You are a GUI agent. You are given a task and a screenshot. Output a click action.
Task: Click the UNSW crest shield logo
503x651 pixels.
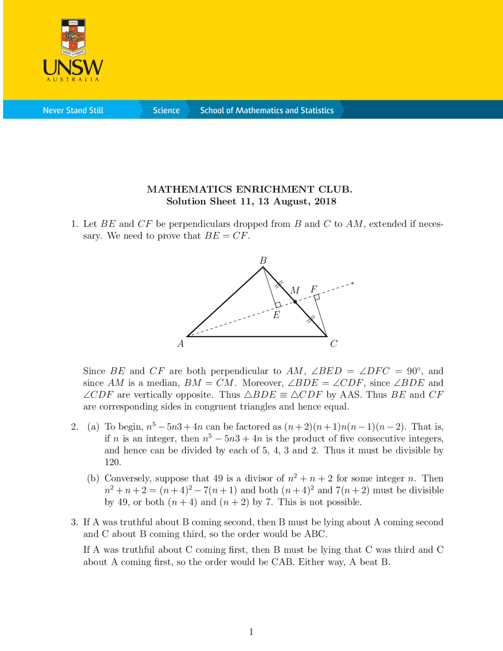click(x=73, y=37)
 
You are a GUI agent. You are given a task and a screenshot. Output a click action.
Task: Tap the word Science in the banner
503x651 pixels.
click(x=166, y=110)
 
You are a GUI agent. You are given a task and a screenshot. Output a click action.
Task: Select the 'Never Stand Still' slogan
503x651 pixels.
click(x=73, y=110)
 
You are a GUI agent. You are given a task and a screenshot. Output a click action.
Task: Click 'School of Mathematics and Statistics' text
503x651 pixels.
click(x=267, y=110)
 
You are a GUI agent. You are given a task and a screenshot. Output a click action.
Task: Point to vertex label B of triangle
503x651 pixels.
click(x=263, y=260)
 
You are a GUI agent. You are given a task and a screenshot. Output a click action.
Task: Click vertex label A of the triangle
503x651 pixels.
click(x=181, y=344)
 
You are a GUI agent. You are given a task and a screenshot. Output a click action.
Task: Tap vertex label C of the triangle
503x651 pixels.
click(x=334, y=344)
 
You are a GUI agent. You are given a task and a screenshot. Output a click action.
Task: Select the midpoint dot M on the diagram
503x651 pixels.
click(x=295, y=302)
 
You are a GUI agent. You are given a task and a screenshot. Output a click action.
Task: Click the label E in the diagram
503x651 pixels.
click(x=277, y=315)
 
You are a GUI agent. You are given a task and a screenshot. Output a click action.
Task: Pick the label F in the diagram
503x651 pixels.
click(x=314, y=289)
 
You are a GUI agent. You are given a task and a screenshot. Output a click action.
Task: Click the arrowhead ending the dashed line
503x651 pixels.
click(x=352, y=283)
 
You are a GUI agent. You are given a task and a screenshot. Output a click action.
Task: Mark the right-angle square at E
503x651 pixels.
click(x=278, y=305)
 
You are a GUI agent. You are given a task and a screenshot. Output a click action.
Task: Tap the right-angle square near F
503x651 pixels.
click(x=317, y=298)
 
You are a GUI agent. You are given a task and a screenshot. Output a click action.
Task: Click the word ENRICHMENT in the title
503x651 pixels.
click(x=274, y=189)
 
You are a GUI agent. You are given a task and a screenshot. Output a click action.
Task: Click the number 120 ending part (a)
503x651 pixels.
click(x=113, y=462)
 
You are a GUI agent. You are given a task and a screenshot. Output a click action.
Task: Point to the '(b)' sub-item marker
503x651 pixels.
click(x=93, y=478)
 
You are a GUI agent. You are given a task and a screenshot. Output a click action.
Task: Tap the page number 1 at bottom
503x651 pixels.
click(x=251, y=632)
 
